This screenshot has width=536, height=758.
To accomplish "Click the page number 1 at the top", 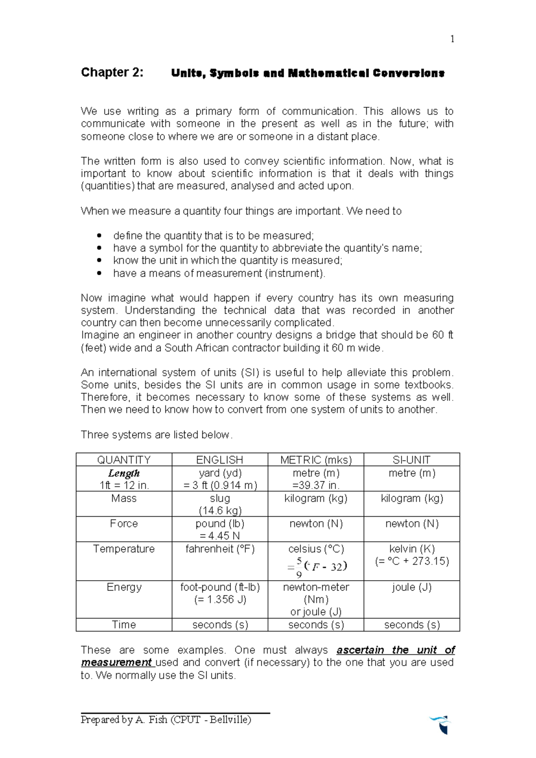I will pyautogui.click(x=452, y=39).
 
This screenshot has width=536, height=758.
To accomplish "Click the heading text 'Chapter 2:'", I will pyautogui.click(x=112, y=72).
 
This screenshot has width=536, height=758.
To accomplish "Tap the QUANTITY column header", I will pyautogui.click(x=124, y=460).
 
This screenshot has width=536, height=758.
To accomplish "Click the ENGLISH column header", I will pyautogui.click(x=220, y=460).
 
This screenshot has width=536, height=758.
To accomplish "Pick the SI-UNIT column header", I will pyautogui.click(x=411, y=460).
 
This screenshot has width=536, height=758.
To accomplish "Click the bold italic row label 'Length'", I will pyautogui.click(x=124, y=473).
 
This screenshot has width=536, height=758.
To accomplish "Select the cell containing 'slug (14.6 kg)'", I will pyautogui.click(x=220, y=504).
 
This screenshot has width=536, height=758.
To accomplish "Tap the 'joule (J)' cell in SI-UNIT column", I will pyautogui.click(x=411, y=587).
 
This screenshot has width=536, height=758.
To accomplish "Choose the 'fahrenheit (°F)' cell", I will pyautogui.click(x=220, y=549).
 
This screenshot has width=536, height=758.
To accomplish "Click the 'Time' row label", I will pyautogui.click(x=124, y=625).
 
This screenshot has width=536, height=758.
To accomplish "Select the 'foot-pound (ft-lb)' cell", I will pyautogui.click(x=220, y=587).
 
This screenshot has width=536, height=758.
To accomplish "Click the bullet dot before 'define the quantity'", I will pyautogui.click(x=99, y=236).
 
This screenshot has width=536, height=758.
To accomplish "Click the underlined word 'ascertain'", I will pyautogui.click(x=360, y=650).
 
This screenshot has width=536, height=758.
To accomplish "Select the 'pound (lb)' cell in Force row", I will pyautogui.click(x=220, y=524).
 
